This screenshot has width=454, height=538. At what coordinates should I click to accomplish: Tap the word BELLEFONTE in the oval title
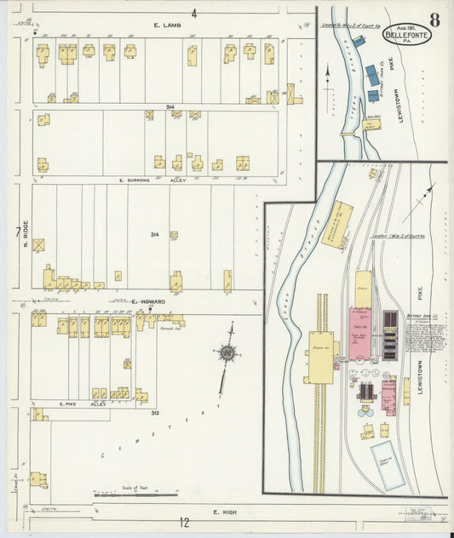[406, 35]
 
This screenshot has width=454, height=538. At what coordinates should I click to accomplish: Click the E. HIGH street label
[223, 512]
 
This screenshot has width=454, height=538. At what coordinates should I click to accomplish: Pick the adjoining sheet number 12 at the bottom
[183, 522]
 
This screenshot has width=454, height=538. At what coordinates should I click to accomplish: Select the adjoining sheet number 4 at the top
[194, 13]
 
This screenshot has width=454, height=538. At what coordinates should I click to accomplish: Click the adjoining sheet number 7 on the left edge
[17, 231]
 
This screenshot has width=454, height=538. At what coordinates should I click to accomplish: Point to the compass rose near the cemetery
[227, 352]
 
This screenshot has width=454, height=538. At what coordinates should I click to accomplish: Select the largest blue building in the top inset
[371, 75]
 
